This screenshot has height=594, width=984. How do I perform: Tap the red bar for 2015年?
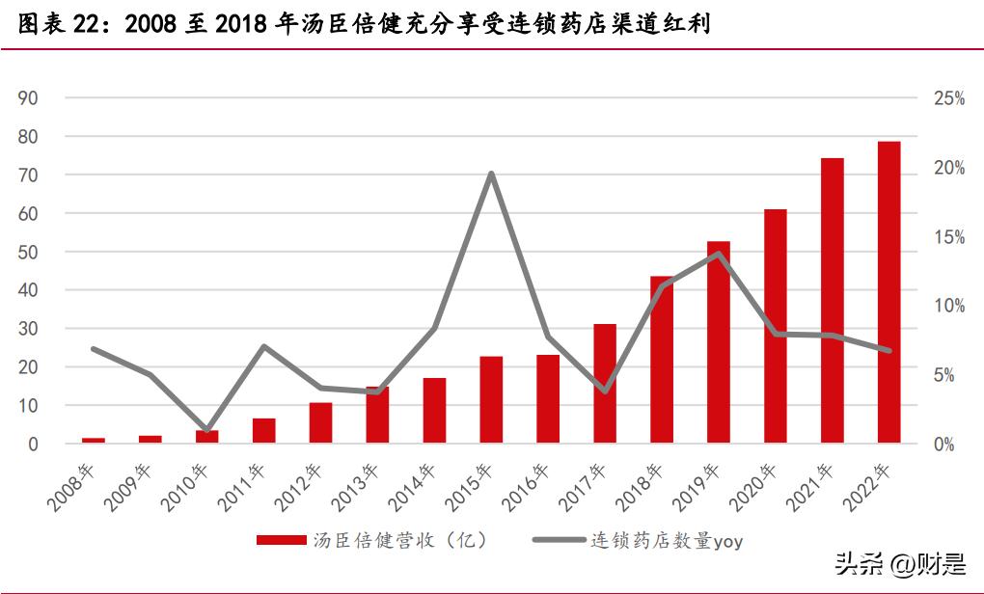click(x=491, y=400)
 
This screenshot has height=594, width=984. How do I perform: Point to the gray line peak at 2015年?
click(x=491, y=174)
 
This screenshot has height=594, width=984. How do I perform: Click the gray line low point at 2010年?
click(x=207, y=429)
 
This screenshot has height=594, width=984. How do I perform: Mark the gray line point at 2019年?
click(x=719, y=254)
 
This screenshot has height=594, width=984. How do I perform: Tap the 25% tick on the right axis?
click(x=948, y=98)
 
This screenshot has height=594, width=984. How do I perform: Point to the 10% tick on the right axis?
click(x=948, y=306)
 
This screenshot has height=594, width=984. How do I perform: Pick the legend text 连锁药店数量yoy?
click(x=667, y=541)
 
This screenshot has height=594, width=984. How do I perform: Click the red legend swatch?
click(x=281, y=541)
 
